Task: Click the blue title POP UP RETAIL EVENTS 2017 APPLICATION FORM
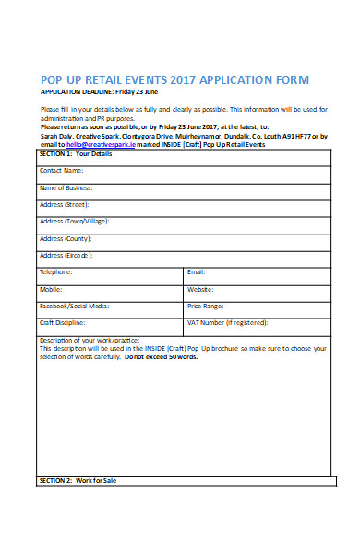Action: pos(174,79)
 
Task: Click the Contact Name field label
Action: pos(62,171)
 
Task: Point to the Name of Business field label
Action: pos(66,187)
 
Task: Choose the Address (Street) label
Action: pos(65,204)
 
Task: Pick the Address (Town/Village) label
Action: pos(73,222)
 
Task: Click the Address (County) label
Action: pos(66,238)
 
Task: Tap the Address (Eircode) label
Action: pos(66,255)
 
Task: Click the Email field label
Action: pos(196,272)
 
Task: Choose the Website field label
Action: pos(200,289)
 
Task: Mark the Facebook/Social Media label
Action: pos(74,306)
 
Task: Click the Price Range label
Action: pos(205,306)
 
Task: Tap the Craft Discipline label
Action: pos(63,323)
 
